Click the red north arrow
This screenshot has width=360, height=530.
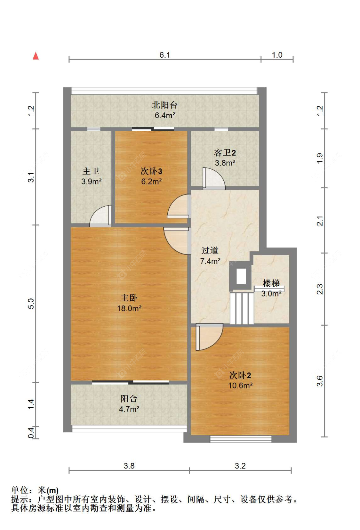point(36,56)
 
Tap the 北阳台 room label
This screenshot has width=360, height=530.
point(164,105)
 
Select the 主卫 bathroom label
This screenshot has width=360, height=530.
point(91,171)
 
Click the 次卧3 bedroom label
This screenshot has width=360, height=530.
point(151,171)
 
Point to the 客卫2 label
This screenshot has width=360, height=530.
point(225,153)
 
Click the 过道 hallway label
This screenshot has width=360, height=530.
point(210,250)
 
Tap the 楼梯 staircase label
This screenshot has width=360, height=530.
point(271,283)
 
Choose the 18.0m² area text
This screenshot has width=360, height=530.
point(129,308)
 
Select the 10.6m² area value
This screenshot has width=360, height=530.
point(240,386)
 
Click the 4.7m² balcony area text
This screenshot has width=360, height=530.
point(129,409)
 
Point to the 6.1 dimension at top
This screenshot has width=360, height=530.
point(165,55)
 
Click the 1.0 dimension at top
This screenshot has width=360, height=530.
point(277,55)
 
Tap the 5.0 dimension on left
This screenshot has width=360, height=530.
point(31,304)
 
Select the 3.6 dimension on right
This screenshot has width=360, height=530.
point(320,381)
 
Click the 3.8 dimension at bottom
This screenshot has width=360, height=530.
point(129,466)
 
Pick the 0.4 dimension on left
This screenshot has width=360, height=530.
point(31,433)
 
